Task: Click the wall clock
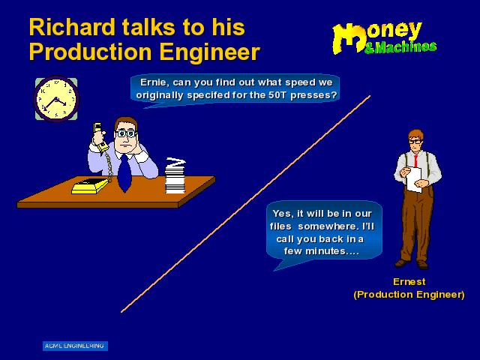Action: (56, 99)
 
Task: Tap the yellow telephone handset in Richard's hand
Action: (100, 137)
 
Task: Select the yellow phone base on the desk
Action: (90, 186)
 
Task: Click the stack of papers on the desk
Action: (175, 176)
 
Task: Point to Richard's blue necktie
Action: (124, 173)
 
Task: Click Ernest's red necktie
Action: (415, 161)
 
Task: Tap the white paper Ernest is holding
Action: (414, 179)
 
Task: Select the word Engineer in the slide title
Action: (210, 52)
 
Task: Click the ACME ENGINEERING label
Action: (75, 346)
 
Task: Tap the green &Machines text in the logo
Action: (400, 47)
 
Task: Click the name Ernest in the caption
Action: (409, 282)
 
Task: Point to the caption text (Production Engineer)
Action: (409, 295)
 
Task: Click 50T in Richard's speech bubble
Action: (277, 95)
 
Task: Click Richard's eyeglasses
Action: (126, 133)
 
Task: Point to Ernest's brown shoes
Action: (412, 264)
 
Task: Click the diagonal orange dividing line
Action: (246, 204)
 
